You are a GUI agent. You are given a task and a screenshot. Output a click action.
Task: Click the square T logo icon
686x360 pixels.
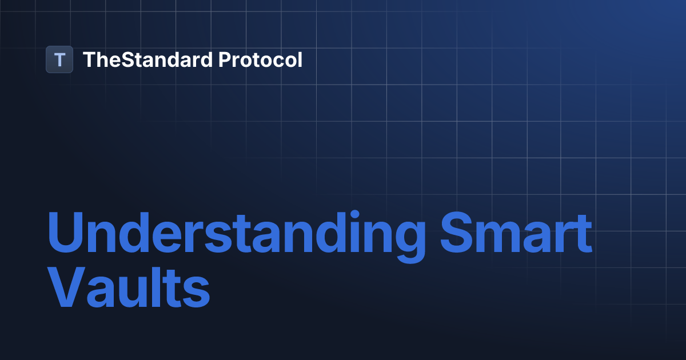pos(59,59)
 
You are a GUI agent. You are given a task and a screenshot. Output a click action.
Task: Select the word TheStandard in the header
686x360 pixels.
pos(148,59)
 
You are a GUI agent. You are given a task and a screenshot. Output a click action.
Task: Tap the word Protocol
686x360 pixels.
pos(261,59)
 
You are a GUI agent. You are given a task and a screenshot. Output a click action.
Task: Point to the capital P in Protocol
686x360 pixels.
pos(225,59)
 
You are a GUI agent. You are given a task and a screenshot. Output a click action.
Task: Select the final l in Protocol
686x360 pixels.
pos(300,59)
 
